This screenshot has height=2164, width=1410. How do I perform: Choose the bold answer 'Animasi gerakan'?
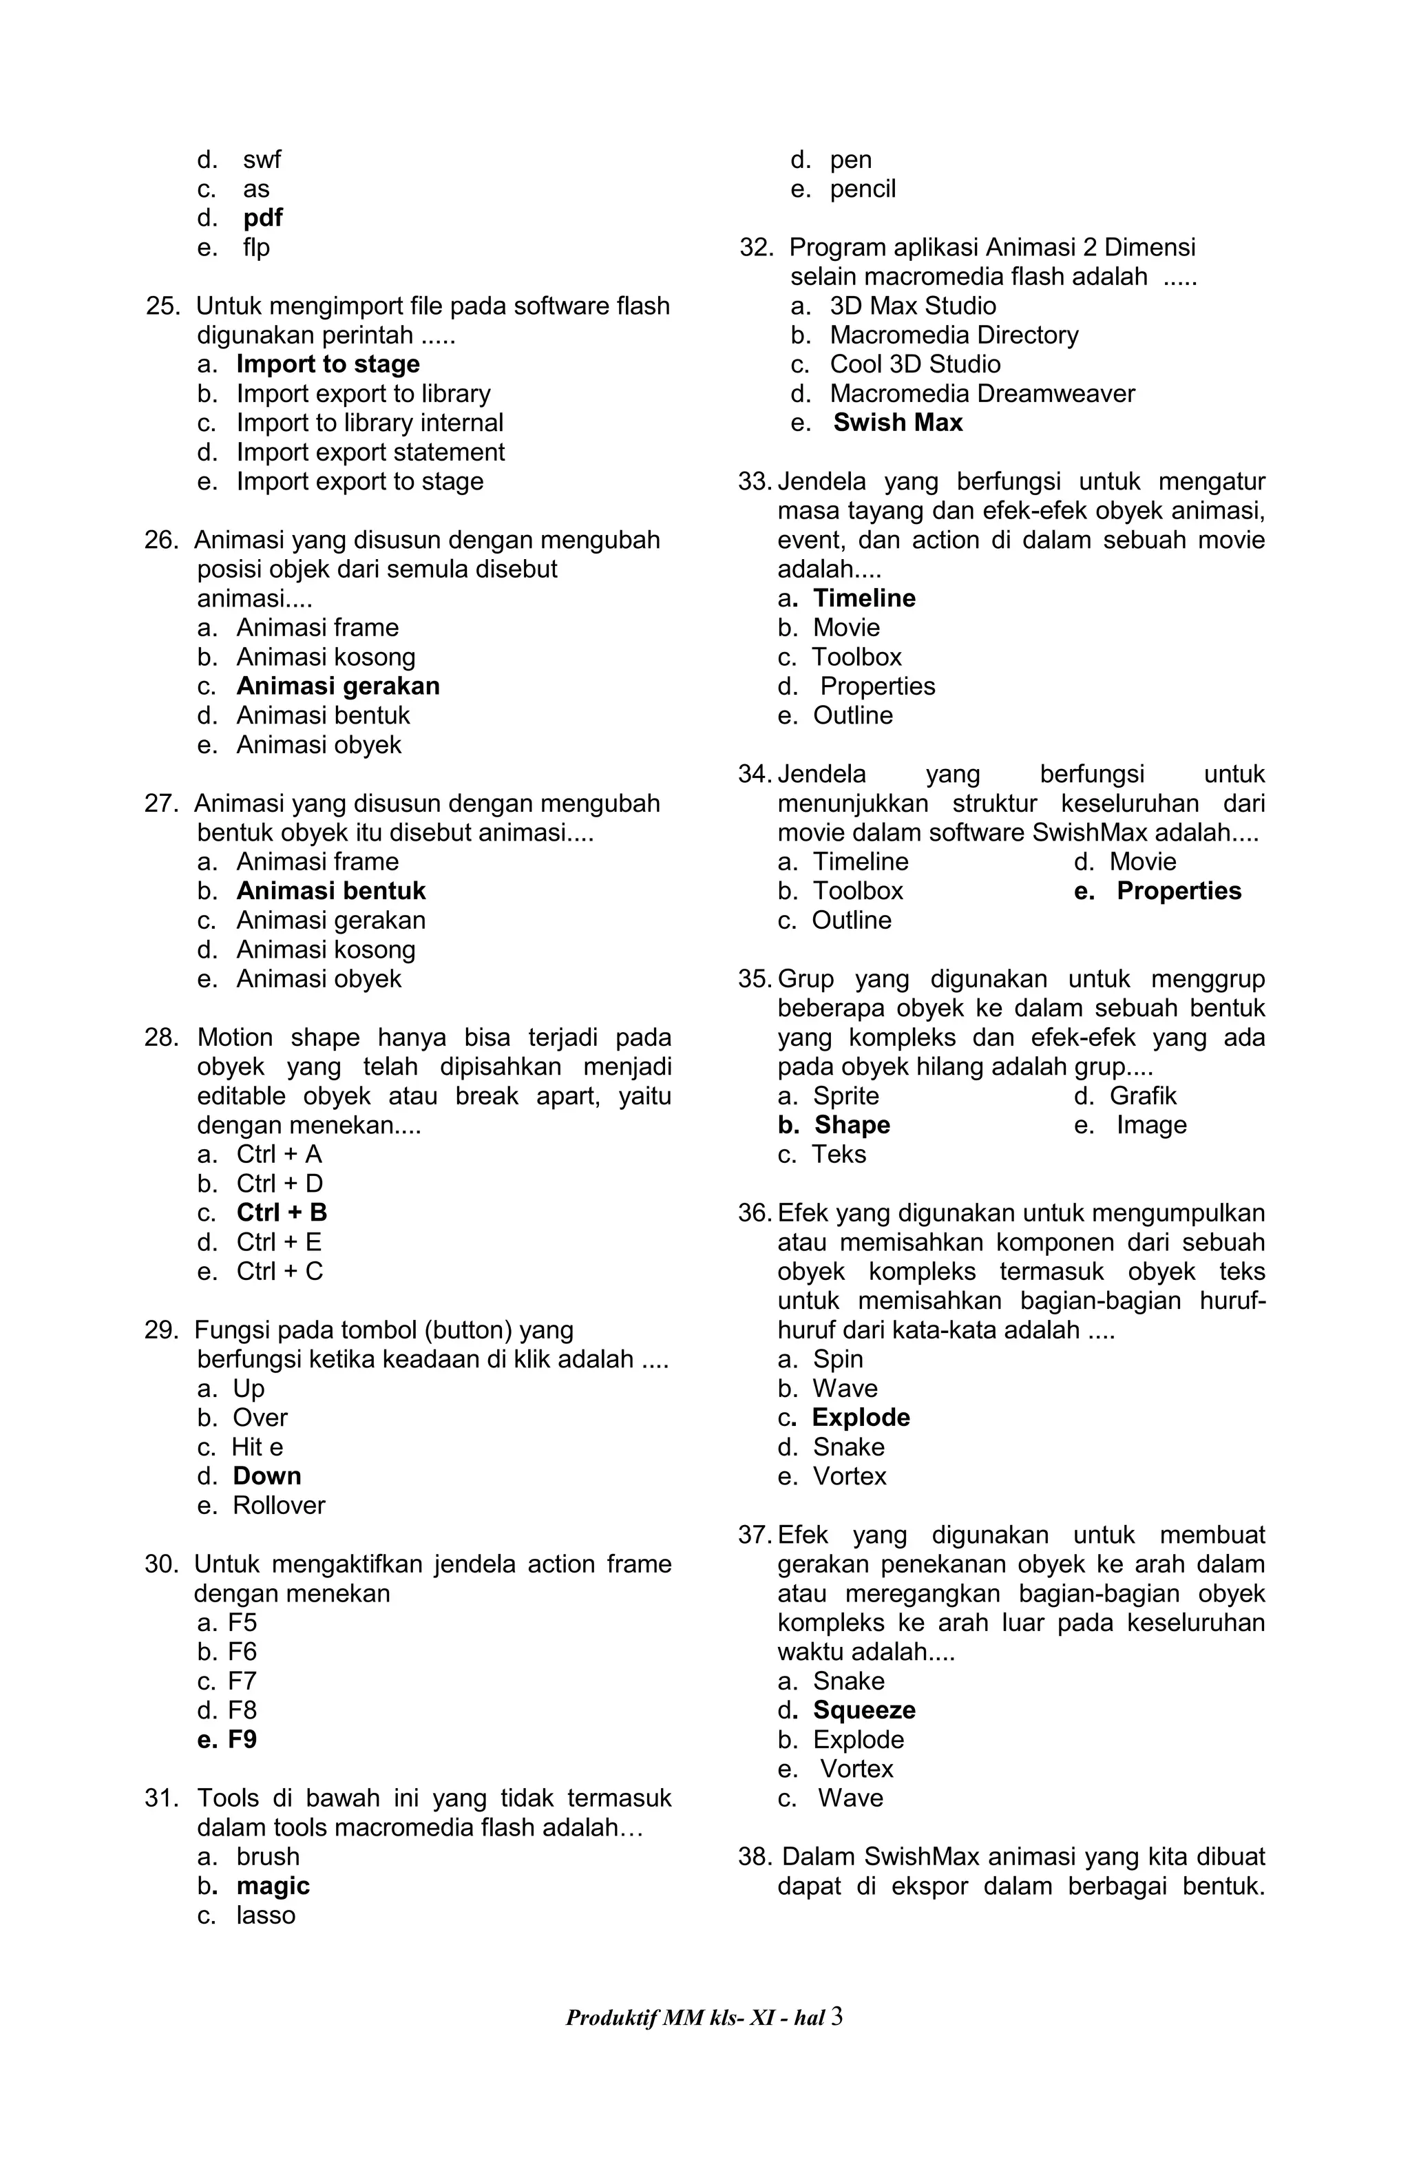click(x=337, y=686)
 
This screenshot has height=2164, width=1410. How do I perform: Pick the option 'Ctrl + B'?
click(x=281, y=1213)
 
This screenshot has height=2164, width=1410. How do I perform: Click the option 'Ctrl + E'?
click(x=278, y=1242)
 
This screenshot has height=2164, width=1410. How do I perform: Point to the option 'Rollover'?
click(x=278, y=1505)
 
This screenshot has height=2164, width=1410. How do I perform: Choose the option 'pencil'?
click(x=862, y=189)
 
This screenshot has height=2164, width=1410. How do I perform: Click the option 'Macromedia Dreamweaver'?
click(x=982, y=394)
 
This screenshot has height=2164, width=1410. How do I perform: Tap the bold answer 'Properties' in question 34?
click(x=1178, y=891)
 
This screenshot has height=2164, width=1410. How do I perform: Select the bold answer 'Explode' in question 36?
click(x=860, y=1418)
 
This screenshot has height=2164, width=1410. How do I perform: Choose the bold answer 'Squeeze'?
click(x=863, y=1710)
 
